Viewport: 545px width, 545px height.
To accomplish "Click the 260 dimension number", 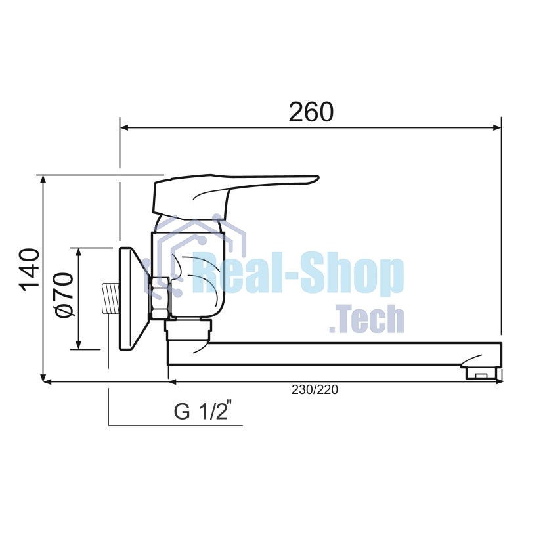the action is tap(311, 112).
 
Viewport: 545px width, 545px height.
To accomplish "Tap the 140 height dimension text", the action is tap(29, 270).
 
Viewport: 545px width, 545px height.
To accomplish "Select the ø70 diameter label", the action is tap(64, 295).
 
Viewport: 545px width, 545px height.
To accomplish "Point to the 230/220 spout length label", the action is tap(315, 389).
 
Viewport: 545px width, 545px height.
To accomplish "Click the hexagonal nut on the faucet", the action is tap(160, 298).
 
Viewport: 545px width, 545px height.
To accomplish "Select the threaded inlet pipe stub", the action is tap(110, 299).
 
